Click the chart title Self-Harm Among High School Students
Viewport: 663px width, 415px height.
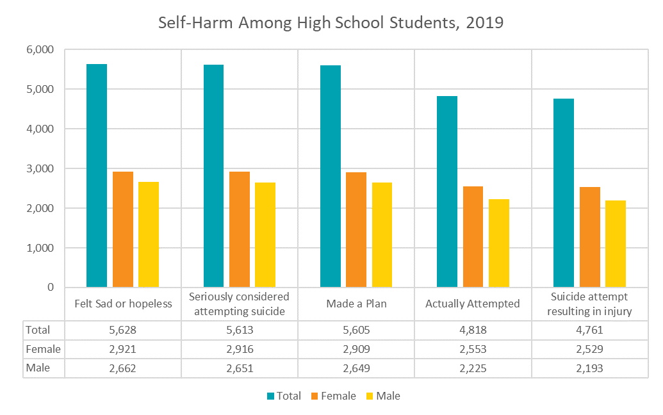tap(331, 23)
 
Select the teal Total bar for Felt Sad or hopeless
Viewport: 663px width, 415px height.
tap(97, 175)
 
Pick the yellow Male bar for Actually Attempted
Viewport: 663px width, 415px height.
tap(498, 243)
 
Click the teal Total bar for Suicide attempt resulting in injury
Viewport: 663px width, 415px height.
tap(564, 193)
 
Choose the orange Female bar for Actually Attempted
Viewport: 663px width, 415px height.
tap(473, 236)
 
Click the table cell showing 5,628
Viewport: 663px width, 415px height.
tap(123, 330)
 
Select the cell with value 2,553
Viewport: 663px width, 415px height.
tap(473, 349)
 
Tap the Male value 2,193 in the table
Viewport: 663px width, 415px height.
tap(590, 368)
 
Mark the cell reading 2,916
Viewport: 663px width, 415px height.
tap(240, 349)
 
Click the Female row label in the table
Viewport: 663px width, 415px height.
tap(44, 349)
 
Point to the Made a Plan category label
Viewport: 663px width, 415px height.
tap(356, 304)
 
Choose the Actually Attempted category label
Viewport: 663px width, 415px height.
tap(473, 304)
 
